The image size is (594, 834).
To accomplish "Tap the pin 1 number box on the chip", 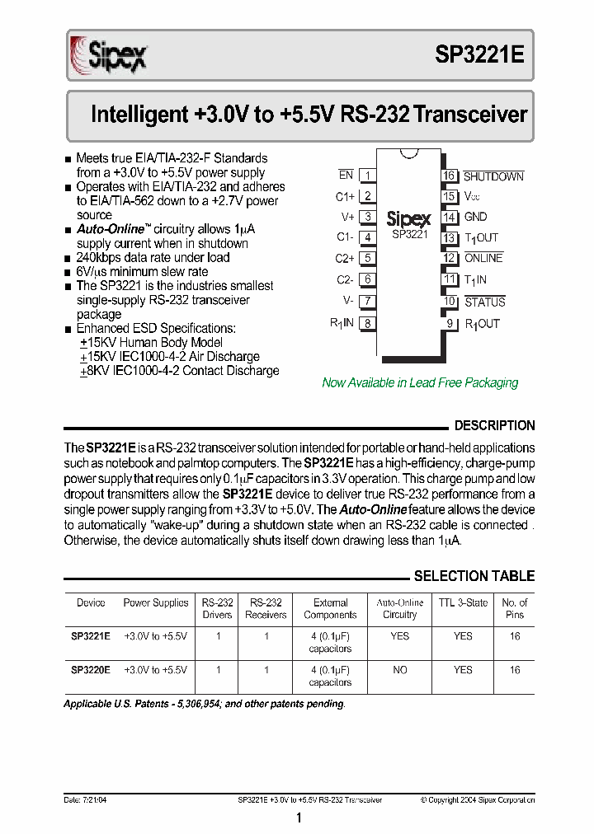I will click(x=368, y=175).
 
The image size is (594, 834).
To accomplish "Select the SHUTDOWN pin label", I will click(x=493, y=176).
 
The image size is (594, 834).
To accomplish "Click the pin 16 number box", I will click(x=449, y=176).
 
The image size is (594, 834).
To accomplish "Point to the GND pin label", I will click(x=476, y=218).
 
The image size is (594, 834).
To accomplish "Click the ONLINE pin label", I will click(x=483, y=258).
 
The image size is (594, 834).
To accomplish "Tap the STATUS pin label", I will click(x=485, y=302).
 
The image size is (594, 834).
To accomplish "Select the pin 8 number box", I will click(x=368, y=324).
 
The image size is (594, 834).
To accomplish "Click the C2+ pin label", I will click(x=345, y=258).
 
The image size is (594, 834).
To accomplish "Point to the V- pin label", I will click(x=348, y=301).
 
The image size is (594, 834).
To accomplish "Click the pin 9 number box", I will click(x=450, y=324).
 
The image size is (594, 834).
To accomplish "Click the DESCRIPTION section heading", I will click(x=494, y=426).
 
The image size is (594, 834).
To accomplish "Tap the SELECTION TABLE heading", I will click(x=474, y=576).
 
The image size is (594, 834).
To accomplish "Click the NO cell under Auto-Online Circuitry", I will click(x=400, y=670).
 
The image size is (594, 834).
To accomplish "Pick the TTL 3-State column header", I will click(x=463, y=602).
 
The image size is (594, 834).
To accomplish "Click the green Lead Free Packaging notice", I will click(x=420, y=382).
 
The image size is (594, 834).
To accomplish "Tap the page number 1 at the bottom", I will click(x=299, y=818).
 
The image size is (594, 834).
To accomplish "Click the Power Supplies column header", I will click(x=156, y=602).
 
